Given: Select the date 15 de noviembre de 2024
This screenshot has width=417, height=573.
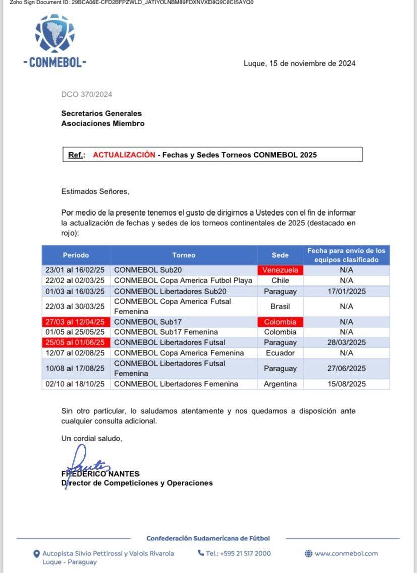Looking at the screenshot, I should click(299, 63).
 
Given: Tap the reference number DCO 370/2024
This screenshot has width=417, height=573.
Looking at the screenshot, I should click(87, 94).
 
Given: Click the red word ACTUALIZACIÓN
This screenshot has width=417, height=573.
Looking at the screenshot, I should click(124, 155).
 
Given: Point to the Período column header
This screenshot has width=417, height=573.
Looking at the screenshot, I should click(76, 255).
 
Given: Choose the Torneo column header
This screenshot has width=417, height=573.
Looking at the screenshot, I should click(184, 255).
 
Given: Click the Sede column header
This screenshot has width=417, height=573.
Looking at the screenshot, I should click(280, 255).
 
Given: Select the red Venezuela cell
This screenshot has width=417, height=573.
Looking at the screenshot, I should click(280, 270).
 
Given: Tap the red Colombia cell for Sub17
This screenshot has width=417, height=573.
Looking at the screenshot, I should click(280, 322).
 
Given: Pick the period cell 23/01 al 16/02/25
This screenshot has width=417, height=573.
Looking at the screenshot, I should click(75, 270).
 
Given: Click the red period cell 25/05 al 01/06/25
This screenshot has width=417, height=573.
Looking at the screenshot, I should click(75, 342).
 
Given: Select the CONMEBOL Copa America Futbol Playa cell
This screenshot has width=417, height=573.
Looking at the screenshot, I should click(183, 280).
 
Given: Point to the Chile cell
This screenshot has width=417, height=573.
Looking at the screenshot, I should click(280, 280).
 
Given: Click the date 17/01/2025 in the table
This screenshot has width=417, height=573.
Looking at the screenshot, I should click(346, 291).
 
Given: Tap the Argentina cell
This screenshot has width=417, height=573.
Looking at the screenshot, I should click(280, 384).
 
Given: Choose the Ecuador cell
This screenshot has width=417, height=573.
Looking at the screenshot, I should click(280, 353).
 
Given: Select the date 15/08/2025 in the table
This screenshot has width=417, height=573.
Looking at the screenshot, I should click(346, 384).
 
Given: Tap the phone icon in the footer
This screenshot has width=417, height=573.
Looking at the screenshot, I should click(201, 553).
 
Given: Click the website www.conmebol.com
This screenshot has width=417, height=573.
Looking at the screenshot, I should click(346, 553).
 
